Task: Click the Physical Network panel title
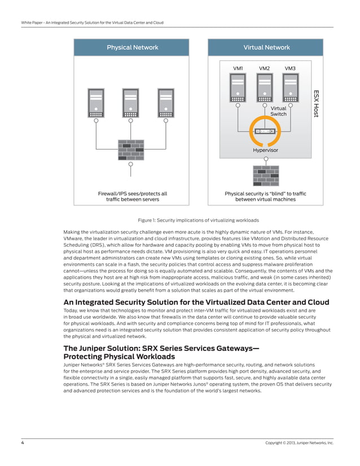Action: [x=133, y=47]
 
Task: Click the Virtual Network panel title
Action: [x=266, y=47]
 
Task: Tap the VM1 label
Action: [x=238, y=68]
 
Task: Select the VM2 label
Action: [x=264, y=68]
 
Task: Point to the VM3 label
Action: [x=290, y=68]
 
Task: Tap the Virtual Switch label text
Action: [x=279, y=111]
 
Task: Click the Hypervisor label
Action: [x=265, y=151]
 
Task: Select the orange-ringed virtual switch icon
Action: [x=265, y=131]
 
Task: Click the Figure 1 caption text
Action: [x=181, y=219]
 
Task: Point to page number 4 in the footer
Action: [x=23, y=443]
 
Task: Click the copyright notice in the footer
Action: [x=299, y=443]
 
